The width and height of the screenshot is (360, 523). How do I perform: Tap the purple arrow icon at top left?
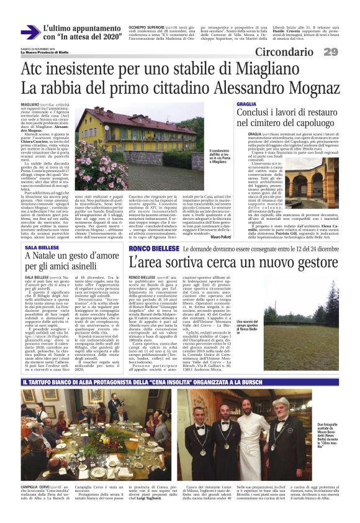29,32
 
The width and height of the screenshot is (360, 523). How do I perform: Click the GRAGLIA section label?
247,104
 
